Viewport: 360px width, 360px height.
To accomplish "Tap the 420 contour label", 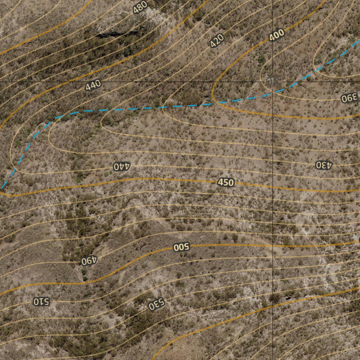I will [217, 40].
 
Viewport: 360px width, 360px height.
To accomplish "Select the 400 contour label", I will [276, 36].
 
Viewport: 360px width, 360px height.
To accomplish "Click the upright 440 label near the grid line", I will [93, 85].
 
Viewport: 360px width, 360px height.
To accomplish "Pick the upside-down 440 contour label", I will [122, 166].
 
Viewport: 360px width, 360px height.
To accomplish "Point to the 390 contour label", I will [349, 98].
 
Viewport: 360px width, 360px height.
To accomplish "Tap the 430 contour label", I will [323, 165].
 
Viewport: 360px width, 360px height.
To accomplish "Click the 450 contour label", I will [226, 182].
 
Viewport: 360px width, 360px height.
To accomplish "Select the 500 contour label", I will [181, 247].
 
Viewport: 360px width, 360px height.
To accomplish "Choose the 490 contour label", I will [89, 261].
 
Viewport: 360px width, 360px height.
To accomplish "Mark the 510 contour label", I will [41, 301].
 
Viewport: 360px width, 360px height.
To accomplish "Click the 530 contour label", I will [156, 304].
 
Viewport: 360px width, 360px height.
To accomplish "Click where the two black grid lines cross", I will [273, 82].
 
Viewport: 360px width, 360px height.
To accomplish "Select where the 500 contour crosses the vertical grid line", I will [273, 245].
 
